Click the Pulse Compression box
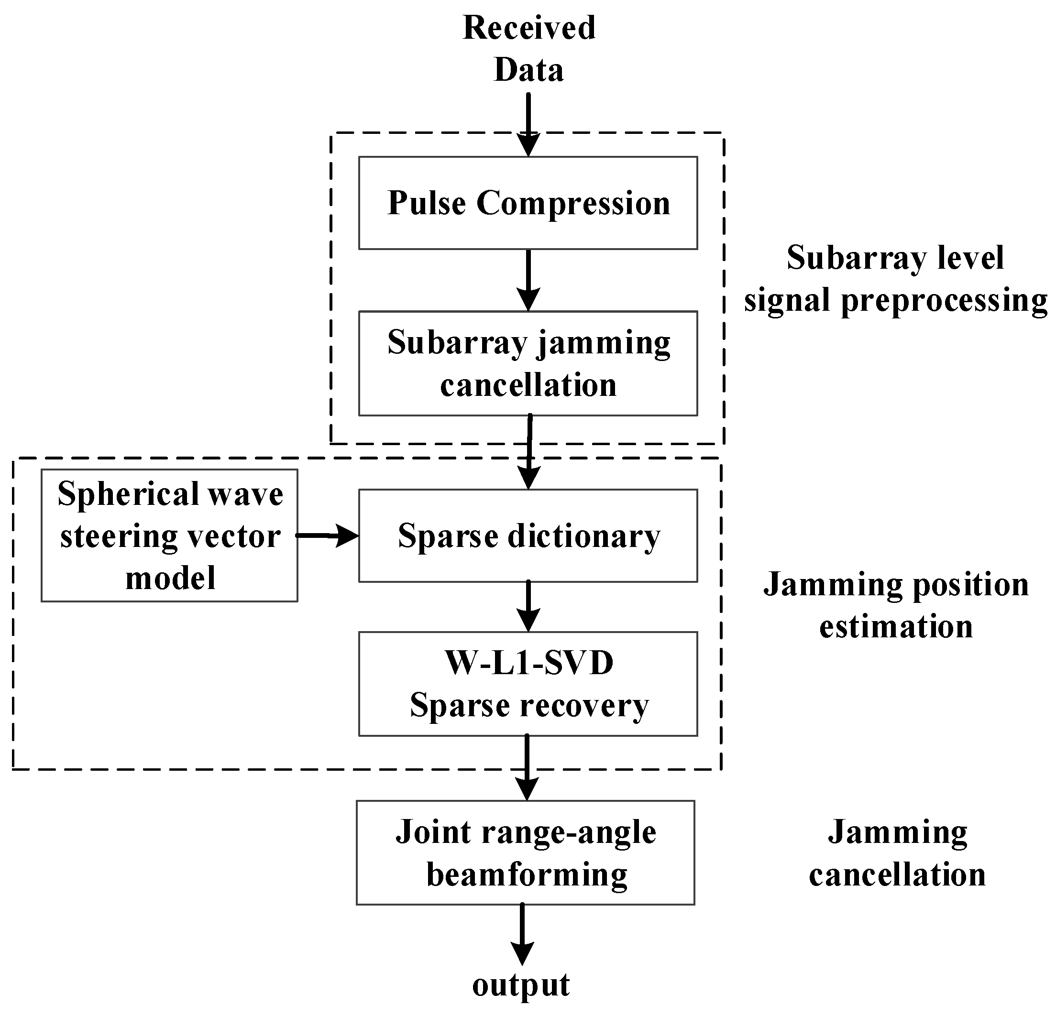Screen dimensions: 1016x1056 click(x=528, y=203)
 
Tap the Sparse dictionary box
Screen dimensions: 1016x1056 click(x=528, y=535)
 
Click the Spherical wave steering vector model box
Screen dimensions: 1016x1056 click(x=169, y=535)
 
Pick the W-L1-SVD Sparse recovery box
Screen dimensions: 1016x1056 click(x=528, y=684)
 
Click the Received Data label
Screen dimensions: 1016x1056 click(x=528, y=48)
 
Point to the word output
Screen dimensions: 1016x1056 click(x=520, y=985)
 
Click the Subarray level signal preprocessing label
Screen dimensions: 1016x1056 click(x=895, y=279)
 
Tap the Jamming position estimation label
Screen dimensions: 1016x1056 click(x=896, y=605)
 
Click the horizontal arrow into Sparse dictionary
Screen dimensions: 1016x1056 click(x=328, y=535)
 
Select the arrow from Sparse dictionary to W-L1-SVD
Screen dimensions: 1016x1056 click(x=528, y=606)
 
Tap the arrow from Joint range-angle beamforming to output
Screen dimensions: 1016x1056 click(x=521, y=934)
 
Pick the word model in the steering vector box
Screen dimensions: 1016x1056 click(x=170, y=578)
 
